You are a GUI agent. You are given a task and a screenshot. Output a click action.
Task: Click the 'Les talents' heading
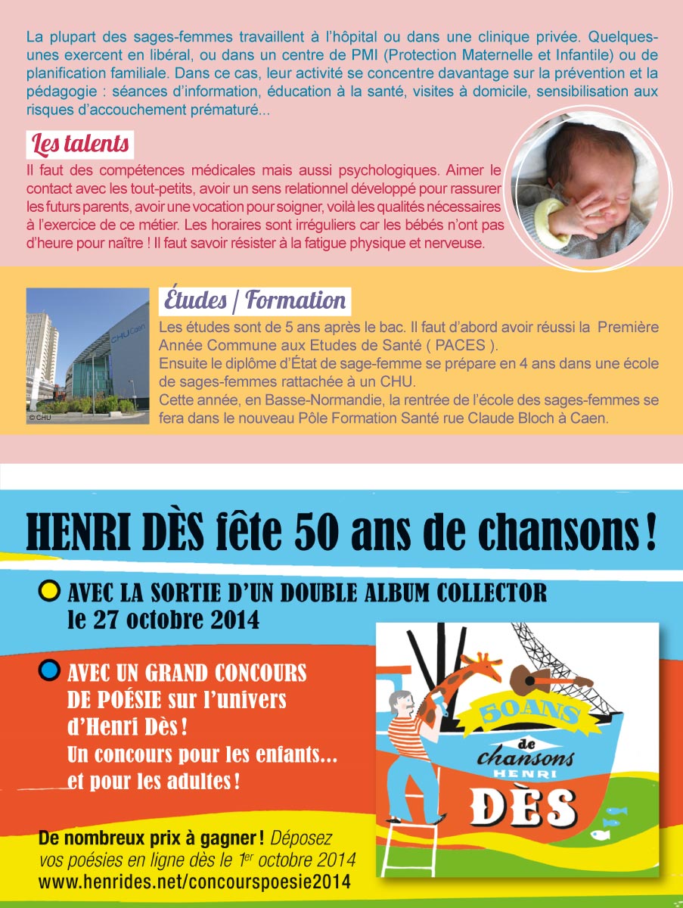point(79,143)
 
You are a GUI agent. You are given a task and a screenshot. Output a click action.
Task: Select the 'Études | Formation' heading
point(255,300)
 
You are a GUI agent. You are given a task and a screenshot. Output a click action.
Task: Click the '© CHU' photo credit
point(39,417)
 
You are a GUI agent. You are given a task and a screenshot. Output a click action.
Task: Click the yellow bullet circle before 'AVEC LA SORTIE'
point(49,591)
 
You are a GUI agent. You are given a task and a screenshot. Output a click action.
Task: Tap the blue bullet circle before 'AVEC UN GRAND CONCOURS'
point(49,670)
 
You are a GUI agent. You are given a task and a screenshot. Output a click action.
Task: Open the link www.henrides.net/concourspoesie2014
point(194,882)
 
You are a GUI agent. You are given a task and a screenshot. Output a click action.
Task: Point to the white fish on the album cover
point(601,834)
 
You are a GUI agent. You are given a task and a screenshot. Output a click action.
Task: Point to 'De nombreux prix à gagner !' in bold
point(151,838)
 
